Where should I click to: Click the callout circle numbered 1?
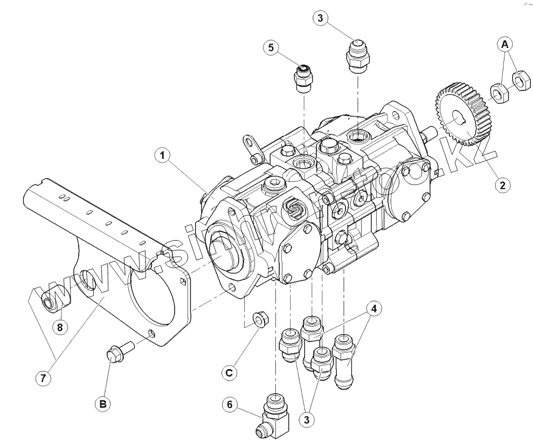[161, 157]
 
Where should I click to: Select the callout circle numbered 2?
[502, 185]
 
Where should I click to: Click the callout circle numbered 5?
[271, 47]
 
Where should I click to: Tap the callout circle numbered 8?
[60, 326]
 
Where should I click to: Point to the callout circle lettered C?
[229, 371]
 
